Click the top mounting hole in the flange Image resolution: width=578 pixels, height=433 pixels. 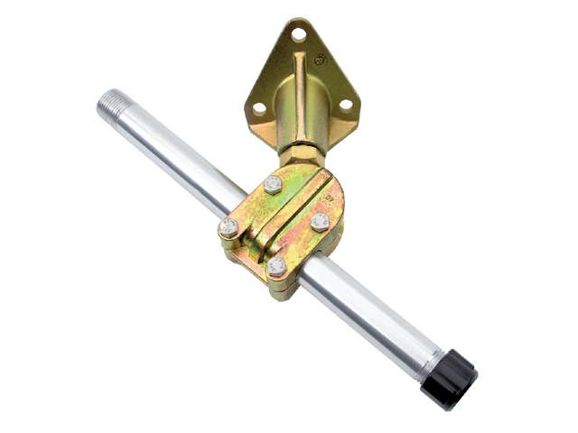tap(298, 34)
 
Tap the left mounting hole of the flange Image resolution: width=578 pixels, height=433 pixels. tap(259, 107)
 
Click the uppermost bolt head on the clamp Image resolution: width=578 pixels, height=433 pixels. tap(273, 185)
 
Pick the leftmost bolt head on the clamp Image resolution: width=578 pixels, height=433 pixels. tap(229, 227)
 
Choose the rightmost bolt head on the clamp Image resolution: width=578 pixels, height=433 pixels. tap(320, 221)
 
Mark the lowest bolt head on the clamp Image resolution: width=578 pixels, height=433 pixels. tap(277, 266)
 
